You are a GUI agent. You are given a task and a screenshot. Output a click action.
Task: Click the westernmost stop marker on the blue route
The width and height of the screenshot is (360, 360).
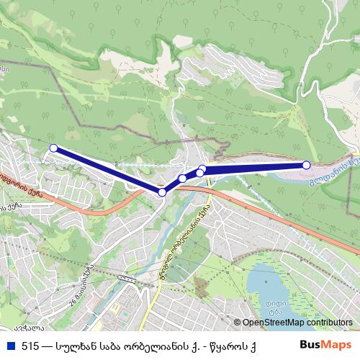(x=53, y=148)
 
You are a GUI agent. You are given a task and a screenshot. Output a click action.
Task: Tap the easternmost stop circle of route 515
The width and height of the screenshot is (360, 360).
(x=306, y=165)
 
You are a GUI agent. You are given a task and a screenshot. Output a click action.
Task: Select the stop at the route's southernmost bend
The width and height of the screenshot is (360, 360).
(x=162, y=192)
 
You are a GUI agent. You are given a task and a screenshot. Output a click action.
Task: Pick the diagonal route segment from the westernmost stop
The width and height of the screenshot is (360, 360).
(x=108, y=170)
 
